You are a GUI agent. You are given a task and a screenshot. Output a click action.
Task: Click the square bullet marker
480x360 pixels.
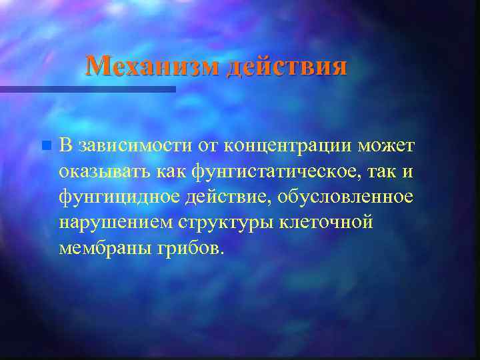[x=45, y=145]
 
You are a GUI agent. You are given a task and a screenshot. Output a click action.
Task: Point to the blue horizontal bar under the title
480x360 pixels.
[x=87, y=89]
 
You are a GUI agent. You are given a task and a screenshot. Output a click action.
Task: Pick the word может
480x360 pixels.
[x=386, y=145]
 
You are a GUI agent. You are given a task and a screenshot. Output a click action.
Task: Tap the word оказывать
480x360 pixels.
[x=105, y=171]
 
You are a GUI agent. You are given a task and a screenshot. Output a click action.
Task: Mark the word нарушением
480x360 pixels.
[x=115, y=223]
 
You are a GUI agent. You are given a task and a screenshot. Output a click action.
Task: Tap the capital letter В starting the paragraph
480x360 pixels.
[x=65, y=145]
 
